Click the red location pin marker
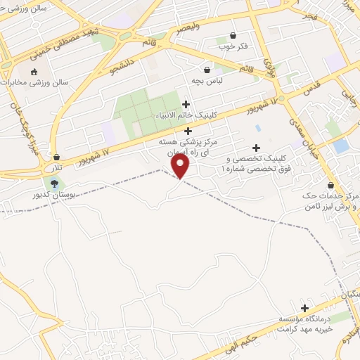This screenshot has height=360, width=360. (181, 166)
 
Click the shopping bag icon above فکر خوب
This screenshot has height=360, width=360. (233, 36)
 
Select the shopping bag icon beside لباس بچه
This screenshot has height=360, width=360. (207, 70)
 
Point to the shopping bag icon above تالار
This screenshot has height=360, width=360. (56, 157)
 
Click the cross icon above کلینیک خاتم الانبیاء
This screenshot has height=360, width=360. (186, 105)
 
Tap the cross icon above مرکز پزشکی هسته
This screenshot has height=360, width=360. (188, 131)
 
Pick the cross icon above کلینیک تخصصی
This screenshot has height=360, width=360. (256, 148)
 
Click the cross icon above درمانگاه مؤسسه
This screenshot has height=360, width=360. (304, 308)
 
